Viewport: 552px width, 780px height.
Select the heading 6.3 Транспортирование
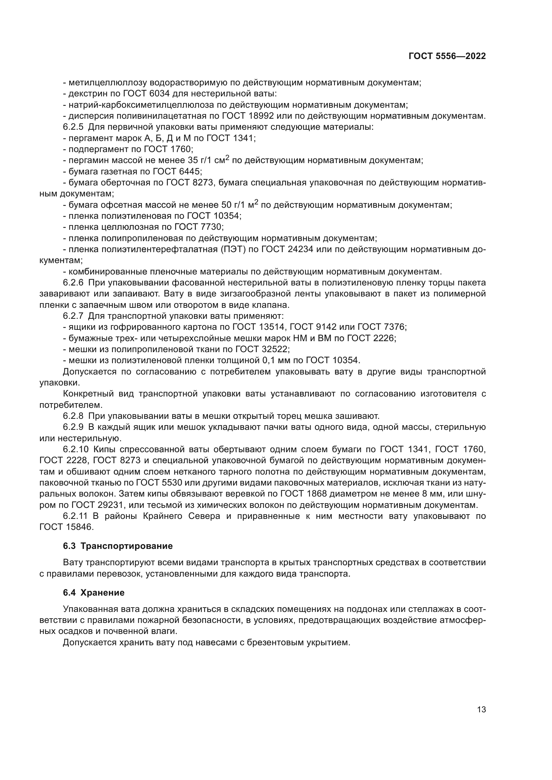coord(118,546)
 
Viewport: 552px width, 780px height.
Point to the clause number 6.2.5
coord(73,127)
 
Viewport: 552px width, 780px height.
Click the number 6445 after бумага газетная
coord(189,171)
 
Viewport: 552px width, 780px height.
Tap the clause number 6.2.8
coord(73,416)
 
